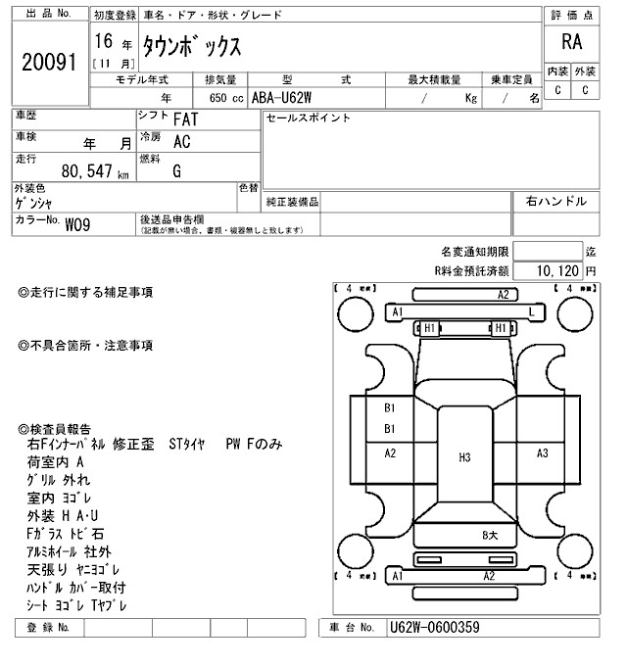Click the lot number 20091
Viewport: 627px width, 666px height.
[x=48, y=62]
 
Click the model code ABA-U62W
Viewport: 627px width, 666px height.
[x=284, y=98]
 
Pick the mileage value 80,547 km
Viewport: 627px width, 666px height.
[x=94, y=171]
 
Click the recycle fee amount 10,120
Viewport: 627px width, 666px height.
[x=559, y=269]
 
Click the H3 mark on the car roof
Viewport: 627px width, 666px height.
[x=464, y=457]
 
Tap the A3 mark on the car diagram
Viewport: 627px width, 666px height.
[x=542, y=452]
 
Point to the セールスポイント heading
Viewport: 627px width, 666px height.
[x=309, y=119]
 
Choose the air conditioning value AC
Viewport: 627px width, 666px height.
[x=181, y=141]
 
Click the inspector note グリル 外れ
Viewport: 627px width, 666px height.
[x=58, y=480]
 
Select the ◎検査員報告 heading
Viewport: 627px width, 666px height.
[x=55, y=429]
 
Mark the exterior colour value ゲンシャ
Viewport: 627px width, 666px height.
[x=35, y=202]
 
